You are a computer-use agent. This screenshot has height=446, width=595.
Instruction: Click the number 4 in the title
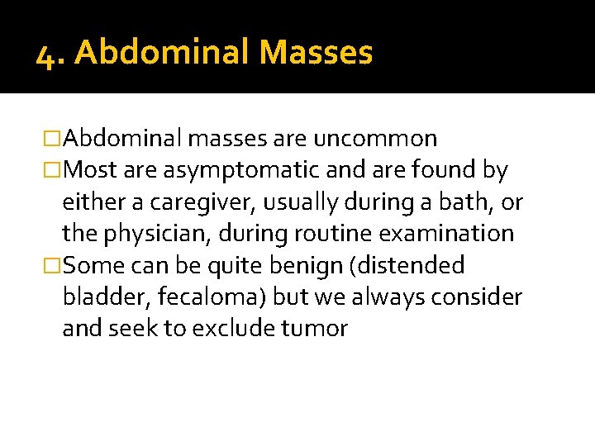coord(46,55)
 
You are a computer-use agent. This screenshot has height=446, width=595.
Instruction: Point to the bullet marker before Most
coord(53,171)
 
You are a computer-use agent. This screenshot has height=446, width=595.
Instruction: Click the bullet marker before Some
coord(53,266)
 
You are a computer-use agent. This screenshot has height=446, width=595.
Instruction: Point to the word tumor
coord(316,329)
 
